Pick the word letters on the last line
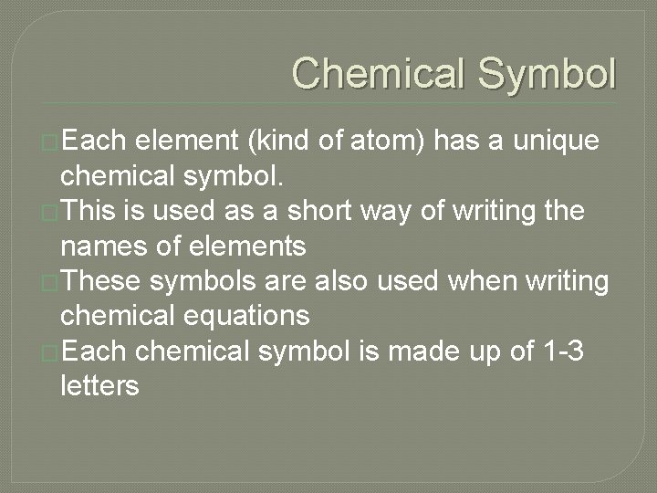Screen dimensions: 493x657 tap(99, 386)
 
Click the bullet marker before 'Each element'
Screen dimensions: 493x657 tap(51, 143)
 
